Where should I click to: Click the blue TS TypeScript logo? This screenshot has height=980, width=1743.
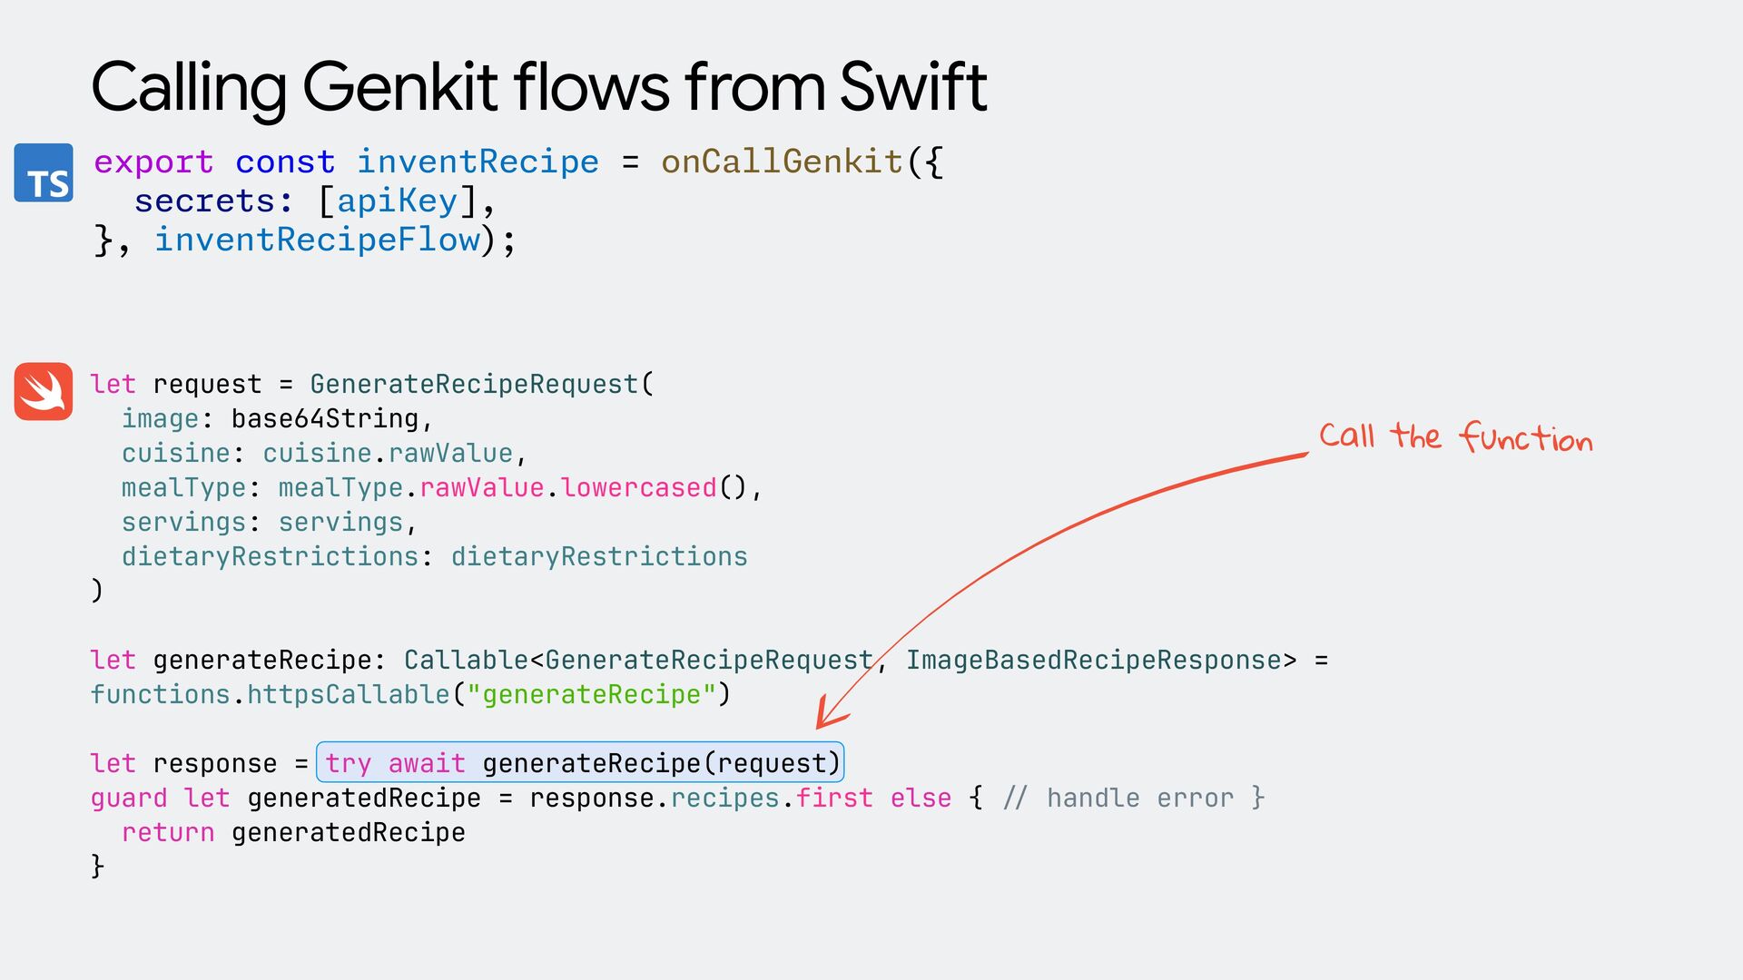coord(44,172)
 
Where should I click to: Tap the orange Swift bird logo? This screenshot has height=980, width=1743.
coord(44,391)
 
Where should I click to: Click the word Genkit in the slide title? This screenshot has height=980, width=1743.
coord(399,88)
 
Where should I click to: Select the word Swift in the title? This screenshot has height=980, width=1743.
coord(912,88)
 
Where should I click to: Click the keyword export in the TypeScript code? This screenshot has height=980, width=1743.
coord(153,162)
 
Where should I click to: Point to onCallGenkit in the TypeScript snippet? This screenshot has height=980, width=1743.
coord(782,162)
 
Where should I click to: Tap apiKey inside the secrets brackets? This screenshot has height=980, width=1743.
coord(397,201)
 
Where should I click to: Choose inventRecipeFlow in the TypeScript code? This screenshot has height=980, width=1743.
coord(317,240)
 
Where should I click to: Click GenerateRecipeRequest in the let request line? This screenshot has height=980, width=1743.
coord(474,384)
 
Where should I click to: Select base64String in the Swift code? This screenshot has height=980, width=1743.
coord(325,418)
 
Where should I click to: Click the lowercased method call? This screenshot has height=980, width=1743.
coord(639,487)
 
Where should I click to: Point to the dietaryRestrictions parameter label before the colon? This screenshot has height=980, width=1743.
coord(271,556)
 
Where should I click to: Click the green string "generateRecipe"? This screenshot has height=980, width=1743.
coord(591,694)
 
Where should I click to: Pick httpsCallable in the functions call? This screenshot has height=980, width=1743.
coord(349,694)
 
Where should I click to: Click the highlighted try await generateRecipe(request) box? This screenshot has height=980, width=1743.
coord(580,762)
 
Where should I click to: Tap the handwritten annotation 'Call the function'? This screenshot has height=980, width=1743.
coord(1455,436)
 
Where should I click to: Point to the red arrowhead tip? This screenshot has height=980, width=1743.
coord(818,727)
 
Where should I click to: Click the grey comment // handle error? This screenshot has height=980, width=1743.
coord(1117,798)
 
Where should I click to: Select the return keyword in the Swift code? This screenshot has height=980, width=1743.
coord(168,832)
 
